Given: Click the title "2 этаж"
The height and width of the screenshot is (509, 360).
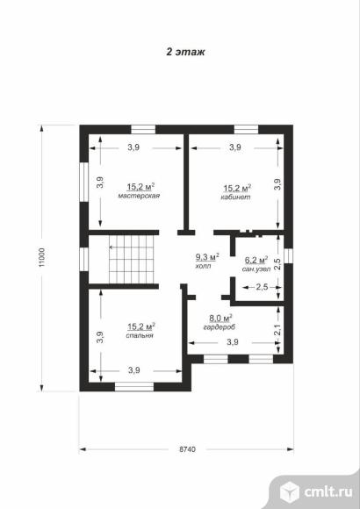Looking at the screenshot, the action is coord(185,52).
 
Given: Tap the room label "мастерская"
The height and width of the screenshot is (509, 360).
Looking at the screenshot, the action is coord(139,196).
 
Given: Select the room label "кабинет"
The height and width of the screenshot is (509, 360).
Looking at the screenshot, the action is coord(235,197).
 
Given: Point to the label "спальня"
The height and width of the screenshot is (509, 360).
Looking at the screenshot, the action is coord(140,335).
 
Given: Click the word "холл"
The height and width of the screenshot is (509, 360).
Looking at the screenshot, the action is coord(204,266).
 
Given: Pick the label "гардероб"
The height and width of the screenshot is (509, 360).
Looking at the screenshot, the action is coord(220,327).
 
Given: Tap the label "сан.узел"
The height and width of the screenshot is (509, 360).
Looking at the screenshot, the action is coord(256,269).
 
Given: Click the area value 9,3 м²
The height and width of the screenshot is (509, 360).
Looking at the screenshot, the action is coord(207,257).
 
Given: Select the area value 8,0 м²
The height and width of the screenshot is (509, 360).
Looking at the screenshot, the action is coord(220,318).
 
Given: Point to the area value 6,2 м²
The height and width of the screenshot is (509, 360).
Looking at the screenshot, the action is coord(256,260).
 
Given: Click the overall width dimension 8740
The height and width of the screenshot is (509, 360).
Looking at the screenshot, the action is coord(188,449).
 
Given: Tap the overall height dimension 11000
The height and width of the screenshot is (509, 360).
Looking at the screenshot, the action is coord(42,258).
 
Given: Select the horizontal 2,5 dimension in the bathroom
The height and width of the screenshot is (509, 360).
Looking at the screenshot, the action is coord(262,287).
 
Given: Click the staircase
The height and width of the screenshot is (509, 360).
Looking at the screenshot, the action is coord(132,259).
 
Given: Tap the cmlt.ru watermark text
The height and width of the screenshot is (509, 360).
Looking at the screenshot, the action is coord(328,491).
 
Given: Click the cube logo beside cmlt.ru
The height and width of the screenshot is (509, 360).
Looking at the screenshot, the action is coord(289,492).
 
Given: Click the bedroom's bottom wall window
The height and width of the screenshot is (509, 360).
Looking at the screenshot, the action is coord(134,387).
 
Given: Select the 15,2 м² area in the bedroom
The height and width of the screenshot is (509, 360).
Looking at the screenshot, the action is coord(141,326).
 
